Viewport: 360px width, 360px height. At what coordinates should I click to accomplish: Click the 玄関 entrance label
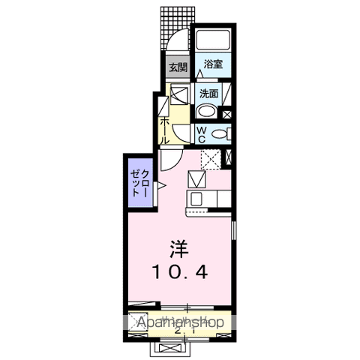[x=177, y=67]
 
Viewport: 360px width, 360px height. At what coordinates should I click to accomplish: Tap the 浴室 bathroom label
[x=213, y=64]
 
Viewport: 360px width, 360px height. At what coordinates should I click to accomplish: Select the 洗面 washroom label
[x=208, y=94]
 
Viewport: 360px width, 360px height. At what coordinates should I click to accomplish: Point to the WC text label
[x=202, y=133]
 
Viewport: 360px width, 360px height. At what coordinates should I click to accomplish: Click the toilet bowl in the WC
[x=220, y=134]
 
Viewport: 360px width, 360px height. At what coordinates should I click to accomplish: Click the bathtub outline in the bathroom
[x=212, y=42]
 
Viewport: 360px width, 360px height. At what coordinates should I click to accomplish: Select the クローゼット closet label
[x=139, y=183]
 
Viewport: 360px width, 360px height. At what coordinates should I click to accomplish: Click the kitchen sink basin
[x=196, y=181]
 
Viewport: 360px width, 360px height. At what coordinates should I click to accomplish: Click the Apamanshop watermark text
[x=181, y=322]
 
